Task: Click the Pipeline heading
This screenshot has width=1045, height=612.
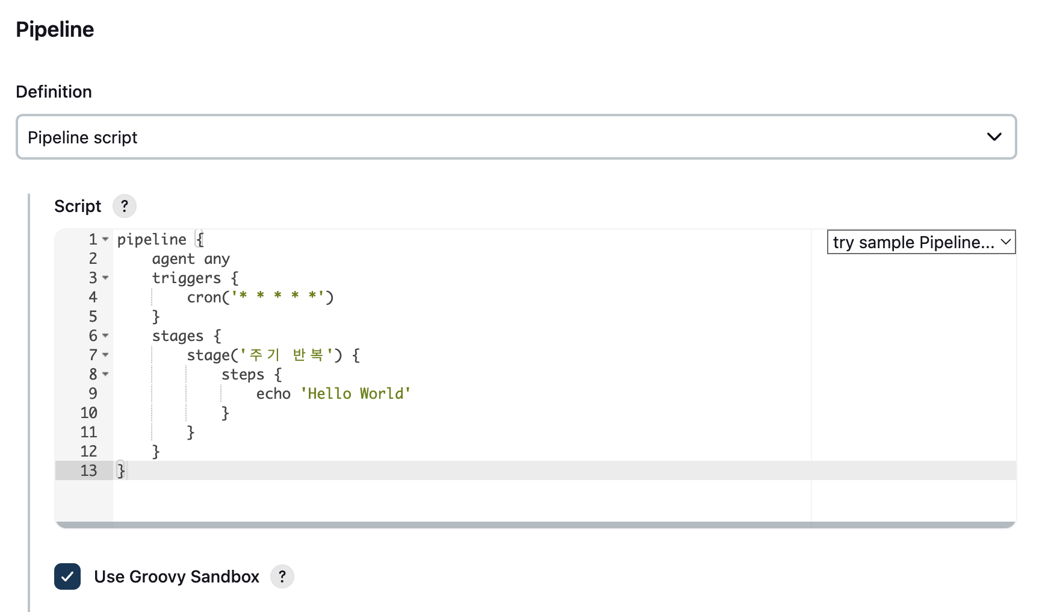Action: (55, 30)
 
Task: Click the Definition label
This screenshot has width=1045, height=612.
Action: (54, 92)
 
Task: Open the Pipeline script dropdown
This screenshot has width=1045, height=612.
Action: (516, 137)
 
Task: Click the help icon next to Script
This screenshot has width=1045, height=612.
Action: (125, 206)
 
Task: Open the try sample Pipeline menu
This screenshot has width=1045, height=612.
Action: (921, 242)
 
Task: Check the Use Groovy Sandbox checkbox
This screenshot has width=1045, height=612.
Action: (67, 576)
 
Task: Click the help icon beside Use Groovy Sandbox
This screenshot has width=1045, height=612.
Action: (282, 576)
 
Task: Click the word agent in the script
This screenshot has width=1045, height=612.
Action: (173, 259)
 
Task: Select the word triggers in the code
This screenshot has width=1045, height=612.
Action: (187, 278)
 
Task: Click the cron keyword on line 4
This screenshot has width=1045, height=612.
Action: (204, 298)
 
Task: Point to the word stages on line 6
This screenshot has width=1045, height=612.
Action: (178, 336)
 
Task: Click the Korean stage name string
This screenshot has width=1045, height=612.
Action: (287, 355)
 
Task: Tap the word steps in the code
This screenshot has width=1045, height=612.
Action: (243, 375)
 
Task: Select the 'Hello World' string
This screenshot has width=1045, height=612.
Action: (356, 394)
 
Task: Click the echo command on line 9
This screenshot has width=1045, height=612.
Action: (273, 394)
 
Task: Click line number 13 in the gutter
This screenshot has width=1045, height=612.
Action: (88, 470)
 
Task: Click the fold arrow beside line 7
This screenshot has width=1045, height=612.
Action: (105, 355)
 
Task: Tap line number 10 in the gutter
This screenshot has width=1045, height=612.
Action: (88, 413)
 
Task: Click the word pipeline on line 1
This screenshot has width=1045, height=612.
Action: (152, 240)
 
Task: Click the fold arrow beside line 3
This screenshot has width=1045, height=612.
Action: (105, 278)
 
